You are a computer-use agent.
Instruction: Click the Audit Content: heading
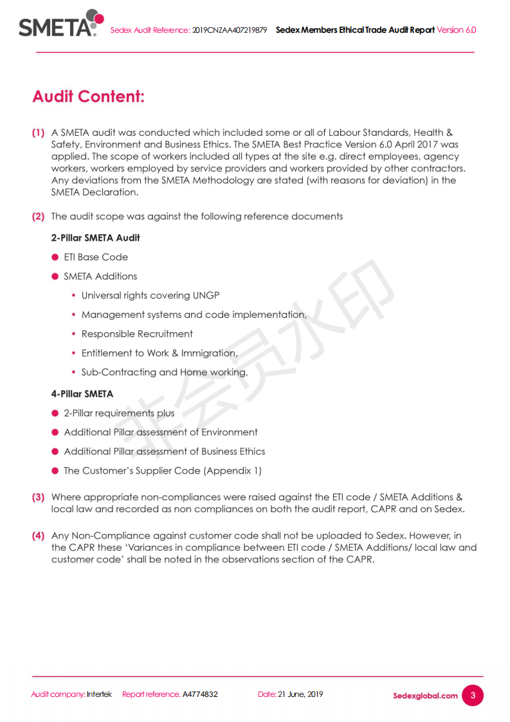click(x=88, y=97)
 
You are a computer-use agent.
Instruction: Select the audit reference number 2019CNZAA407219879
click(x=230, y=30)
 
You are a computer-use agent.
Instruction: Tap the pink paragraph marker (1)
click(x=39, y=133)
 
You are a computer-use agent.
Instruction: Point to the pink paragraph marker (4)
click(x=39, y=535)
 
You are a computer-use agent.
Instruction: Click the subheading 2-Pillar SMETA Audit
click(x=95, y=238)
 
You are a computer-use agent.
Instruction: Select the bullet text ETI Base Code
click(x=96, y=257)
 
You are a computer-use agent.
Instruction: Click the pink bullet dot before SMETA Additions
click(x=55, y=277)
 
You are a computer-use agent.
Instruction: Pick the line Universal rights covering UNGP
click(x=150, y=296)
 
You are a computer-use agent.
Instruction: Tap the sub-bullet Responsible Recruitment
click(x=137, y=334)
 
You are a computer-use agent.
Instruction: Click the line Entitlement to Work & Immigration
click(x=159, y=353)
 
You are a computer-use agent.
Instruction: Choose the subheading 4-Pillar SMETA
click(x=82, y=394)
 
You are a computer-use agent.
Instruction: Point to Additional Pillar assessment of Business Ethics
click(x=165, y=452)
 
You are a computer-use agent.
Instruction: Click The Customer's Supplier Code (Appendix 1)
click(x=163, y=471)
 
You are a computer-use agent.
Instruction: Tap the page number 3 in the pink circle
click(x=473, y=695)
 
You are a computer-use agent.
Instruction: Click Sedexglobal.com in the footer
click(x=425, y=696)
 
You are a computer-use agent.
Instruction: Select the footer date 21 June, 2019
click(x=300, y=694)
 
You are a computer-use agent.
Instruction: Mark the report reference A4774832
click(x=200, y=694)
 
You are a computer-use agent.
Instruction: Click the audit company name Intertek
click(x=100, y=694)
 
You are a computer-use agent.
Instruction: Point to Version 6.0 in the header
click(x=457, y=30)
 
